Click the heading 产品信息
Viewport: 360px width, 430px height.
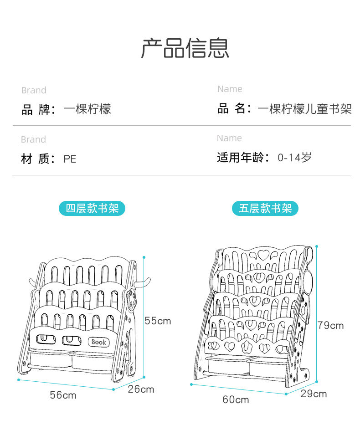[x=185, y=48]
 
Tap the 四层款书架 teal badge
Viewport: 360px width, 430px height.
[x=92, y=209]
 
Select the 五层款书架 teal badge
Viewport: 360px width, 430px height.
[x=265, y=209]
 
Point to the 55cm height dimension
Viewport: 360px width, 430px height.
[x=158, y=321]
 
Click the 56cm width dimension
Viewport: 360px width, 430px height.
[x=63, y=395]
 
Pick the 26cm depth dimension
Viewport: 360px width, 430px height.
[x=141, y=389]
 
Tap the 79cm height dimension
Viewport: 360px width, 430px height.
[x=331, y=325]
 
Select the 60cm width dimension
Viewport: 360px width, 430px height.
[x=236, y=399]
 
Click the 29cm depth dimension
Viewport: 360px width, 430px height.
[x=314, y=394]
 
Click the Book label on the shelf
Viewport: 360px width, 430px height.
[x=98, y=342]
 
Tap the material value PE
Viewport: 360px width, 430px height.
[x=70, y=159]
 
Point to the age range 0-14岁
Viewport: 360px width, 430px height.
[x=295, y=158]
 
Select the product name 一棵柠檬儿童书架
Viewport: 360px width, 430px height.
[x=304, y=109]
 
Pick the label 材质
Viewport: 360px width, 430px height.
[x=38, y=159]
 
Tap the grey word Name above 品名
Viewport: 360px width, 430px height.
[x=230, y=89]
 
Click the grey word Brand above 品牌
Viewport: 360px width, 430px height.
[x=34, y=91]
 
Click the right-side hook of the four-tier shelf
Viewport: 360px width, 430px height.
[x=144, y=282]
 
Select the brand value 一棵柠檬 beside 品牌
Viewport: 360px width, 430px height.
[x=87, y=109]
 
